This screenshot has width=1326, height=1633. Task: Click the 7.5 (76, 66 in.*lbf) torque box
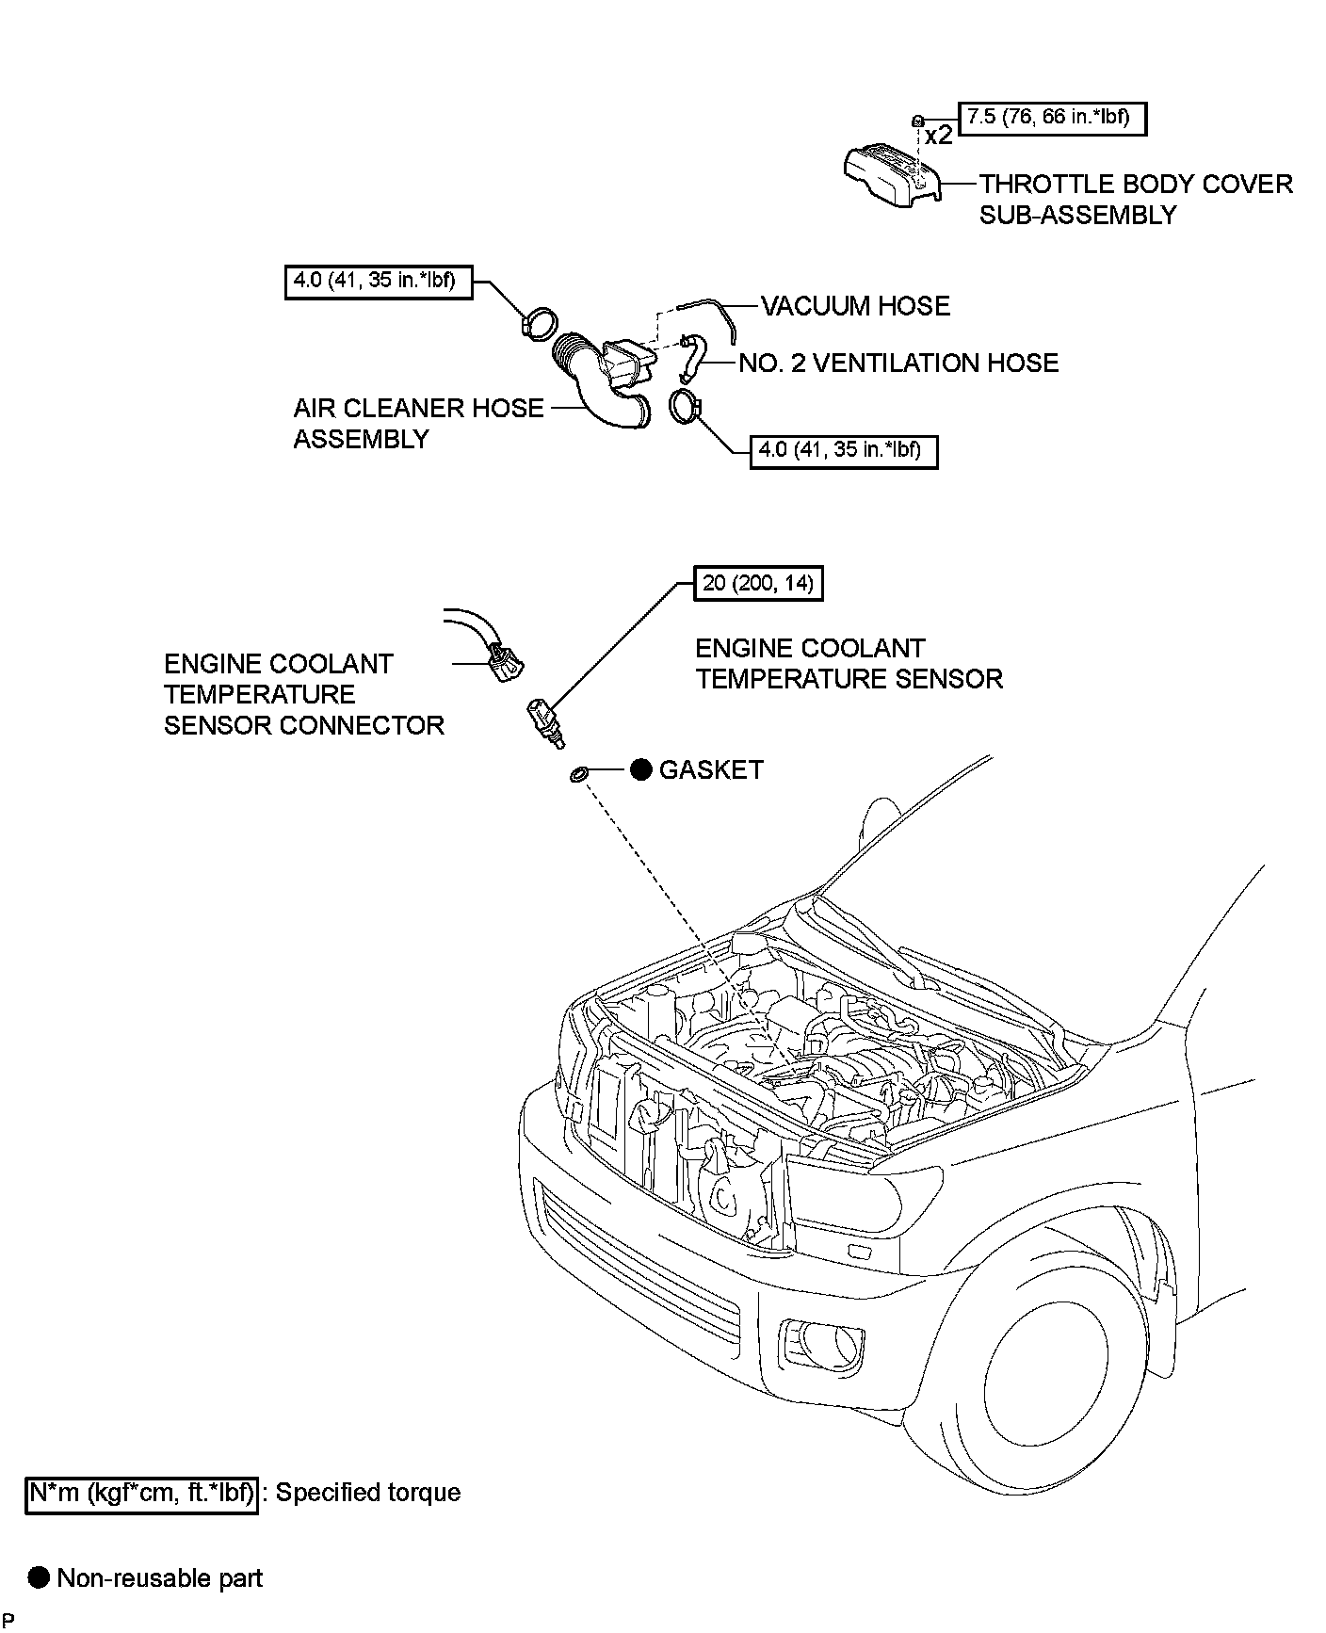1052,118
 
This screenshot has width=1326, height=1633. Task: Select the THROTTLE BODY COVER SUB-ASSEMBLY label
1136,199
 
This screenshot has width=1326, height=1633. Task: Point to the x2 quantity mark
938,136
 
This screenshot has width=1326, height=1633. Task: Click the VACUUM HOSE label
855,306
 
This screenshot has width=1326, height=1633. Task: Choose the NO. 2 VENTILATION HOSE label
898,364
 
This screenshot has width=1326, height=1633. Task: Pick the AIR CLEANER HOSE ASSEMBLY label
418,423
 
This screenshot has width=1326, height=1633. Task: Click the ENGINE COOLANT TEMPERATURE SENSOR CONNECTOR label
303,694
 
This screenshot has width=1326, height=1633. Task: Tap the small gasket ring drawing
578,774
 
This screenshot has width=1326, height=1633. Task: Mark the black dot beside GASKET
640,770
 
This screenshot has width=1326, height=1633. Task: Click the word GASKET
711,770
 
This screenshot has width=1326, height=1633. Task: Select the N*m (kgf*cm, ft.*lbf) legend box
141,1493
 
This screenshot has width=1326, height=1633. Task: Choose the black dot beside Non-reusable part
39,1577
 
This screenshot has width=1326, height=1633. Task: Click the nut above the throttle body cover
916,120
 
